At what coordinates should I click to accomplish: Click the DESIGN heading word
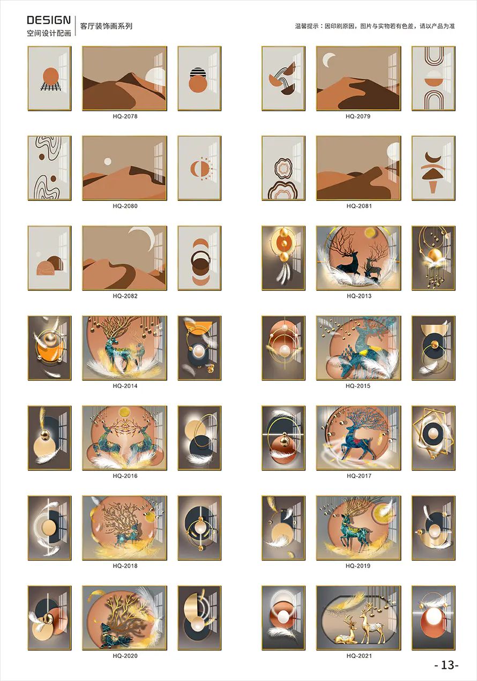click(x=49, y=20)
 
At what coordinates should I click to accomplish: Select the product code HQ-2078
click(x=125, y=116)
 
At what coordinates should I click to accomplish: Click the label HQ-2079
click(x=358, y=116)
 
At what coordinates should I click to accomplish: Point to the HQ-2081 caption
click(x=359, y=206)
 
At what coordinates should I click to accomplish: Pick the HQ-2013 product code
click(x=359, y=296)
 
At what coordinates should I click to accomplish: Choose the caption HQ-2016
click(x=125, y=476)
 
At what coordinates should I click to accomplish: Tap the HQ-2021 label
click(x=359, y=656)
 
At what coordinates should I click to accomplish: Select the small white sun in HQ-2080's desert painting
click(x=108, y=161)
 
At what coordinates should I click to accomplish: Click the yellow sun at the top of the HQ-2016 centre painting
click(x=124, y=412)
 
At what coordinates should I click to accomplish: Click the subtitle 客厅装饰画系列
click(x=106, y=26)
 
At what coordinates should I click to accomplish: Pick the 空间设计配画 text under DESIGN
click(x=49, y=33)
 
